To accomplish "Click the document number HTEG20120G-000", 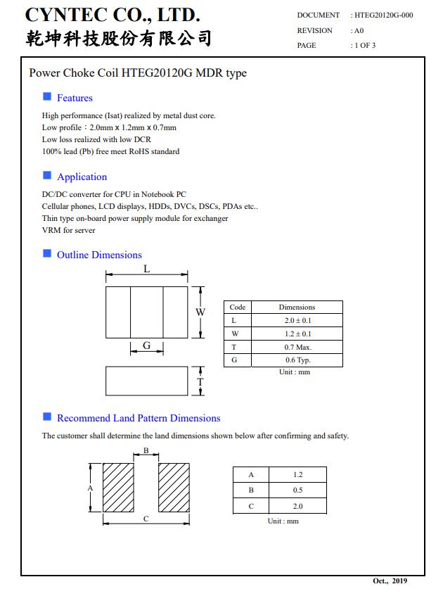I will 384,15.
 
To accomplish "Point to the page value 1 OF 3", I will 365,45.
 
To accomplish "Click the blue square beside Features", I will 47,96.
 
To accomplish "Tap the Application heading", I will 82,177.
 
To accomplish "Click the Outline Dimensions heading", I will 99,255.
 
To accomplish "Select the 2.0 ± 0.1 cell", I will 297,320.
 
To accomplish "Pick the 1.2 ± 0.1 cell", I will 297,334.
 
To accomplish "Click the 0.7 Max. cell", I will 297,347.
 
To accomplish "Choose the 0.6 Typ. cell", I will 297,360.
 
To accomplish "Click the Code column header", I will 238,307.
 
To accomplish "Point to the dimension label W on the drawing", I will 200,312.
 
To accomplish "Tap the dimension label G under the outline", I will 147,345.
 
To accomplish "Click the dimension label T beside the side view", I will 200,381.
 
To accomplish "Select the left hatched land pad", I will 118,488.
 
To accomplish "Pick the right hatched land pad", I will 174,488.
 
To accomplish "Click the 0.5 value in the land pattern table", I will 297,490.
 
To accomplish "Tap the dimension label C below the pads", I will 146,519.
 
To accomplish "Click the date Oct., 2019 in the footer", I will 390,581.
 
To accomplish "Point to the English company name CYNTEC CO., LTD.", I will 113,15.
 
